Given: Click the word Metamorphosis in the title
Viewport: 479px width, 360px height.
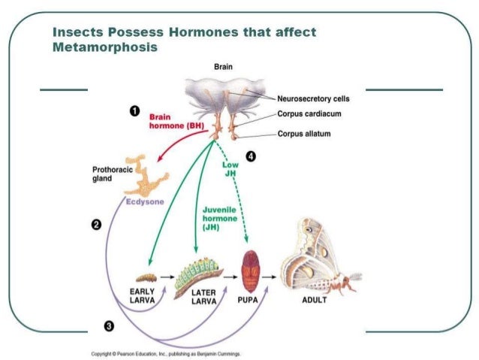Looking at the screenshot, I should point(104,47).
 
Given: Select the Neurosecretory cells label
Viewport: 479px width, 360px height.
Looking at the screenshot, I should point(313,98).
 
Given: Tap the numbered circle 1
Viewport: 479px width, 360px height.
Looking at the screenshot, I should point(134,111).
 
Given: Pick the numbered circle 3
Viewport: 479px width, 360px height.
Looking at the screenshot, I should point(109,325).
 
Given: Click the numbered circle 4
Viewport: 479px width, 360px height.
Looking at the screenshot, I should point(251,156).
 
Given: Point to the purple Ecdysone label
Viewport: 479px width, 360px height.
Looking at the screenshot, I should point(144,201).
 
